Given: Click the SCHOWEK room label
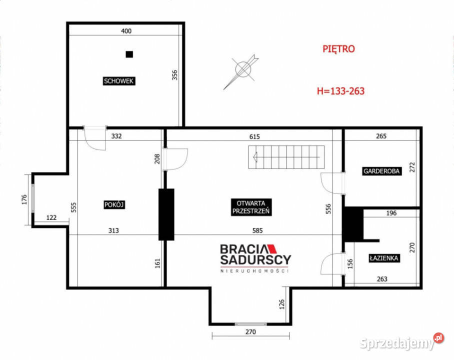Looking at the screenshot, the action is click(119, 81).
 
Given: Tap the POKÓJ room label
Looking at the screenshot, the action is click(114, 205).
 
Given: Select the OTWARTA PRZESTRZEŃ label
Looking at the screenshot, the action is click(251, 207).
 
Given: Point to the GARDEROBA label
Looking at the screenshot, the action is click(381, 171).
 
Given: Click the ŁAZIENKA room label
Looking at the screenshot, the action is click(384, 258).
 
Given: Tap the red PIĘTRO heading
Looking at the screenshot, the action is click(338, 48).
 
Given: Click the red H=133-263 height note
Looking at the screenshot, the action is click(340, 91).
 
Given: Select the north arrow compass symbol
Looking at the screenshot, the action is click(241, 71).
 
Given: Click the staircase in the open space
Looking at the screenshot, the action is click(286, 157).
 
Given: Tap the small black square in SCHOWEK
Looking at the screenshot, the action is click(129, 54).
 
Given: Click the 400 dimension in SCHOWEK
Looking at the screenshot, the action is click(126, 30).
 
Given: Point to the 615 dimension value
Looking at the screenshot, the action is click(254, 136).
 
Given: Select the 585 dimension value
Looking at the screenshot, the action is click(257, 230).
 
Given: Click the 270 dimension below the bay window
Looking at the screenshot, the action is click(250, 332).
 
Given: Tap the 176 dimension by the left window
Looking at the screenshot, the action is click(24, 199).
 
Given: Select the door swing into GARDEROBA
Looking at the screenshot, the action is click(332, 183).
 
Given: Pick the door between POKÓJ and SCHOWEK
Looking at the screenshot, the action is click(94, 138).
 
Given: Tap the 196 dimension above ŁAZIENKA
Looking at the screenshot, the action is click(391, 213).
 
